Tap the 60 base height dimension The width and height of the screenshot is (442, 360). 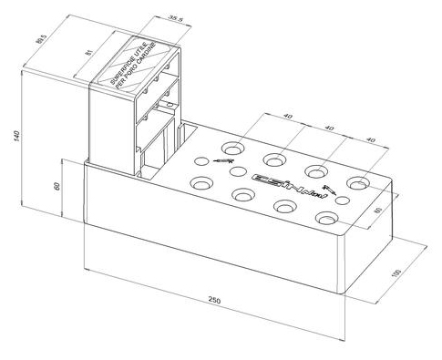(57, 184)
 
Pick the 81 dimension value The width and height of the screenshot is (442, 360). (88, 54)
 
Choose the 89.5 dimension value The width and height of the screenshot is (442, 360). (40, 39)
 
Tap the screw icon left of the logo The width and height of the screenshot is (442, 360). (222, 159)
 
